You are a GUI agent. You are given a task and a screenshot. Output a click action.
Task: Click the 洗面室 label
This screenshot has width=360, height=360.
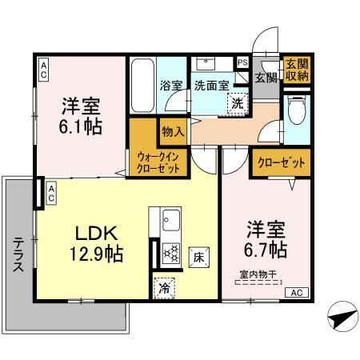pos(211,86)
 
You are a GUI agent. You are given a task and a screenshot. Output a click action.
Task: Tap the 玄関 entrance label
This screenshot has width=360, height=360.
pos(266,78)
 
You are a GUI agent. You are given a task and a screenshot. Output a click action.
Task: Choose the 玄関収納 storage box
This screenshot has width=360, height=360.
pos(297,70)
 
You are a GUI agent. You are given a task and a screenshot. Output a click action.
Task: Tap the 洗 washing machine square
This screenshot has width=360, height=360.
pos(238,102)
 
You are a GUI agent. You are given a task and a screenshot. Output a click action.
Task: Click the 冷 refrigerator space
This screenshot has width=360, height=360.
pos(163,283)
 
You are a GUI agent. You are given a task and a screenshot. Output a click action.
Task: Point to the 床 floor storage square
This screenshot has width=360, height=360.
pos(198,258)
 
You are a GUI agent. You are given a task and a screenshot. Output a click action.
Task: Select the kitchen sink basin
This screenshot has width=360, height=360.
pos(171,218)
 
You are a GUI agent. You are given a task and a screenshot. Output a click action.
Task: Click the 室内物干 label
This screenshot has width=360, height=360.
pos(257,276)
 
